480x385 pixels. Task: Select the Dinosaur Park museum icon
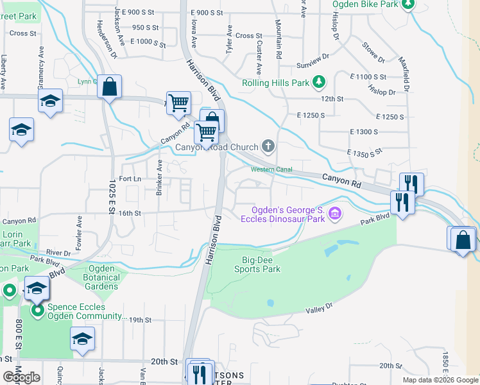(x=334, y=213)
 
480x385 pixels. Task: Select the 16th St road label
(x=128, y=214)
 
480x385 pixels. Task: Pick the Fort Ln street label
(x=130, y=179)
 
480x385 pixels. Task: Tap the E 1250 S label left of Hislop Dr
(x=311, y=115)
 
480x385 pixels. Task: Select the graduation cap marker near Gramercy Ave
(x=50, y=101)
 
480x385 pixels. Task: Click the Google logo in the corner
(x=21, y=377)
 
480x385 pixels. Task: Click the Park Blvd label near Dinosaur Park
(x=375, y=219)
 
